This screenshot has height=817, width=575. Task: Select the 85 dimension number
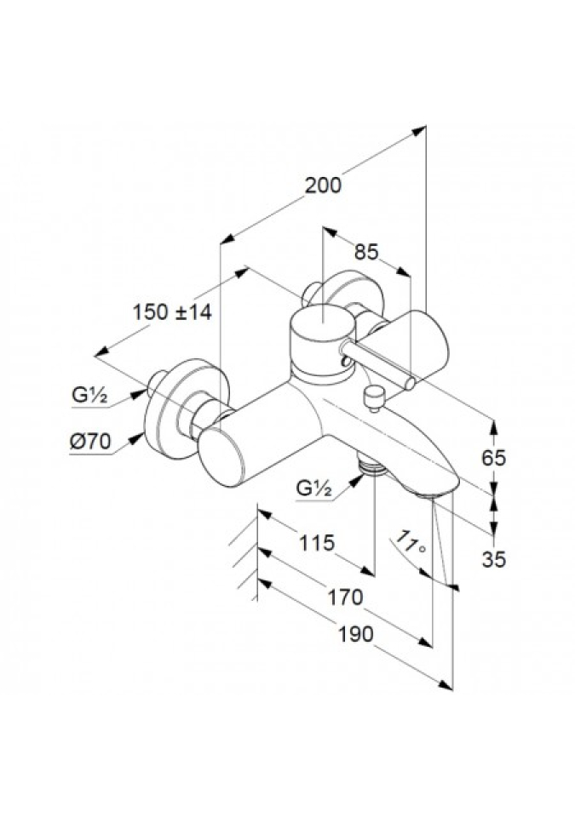click(x=365, y=252)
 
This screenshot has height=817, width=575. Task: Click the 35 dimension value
click(x=493, y=558)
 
